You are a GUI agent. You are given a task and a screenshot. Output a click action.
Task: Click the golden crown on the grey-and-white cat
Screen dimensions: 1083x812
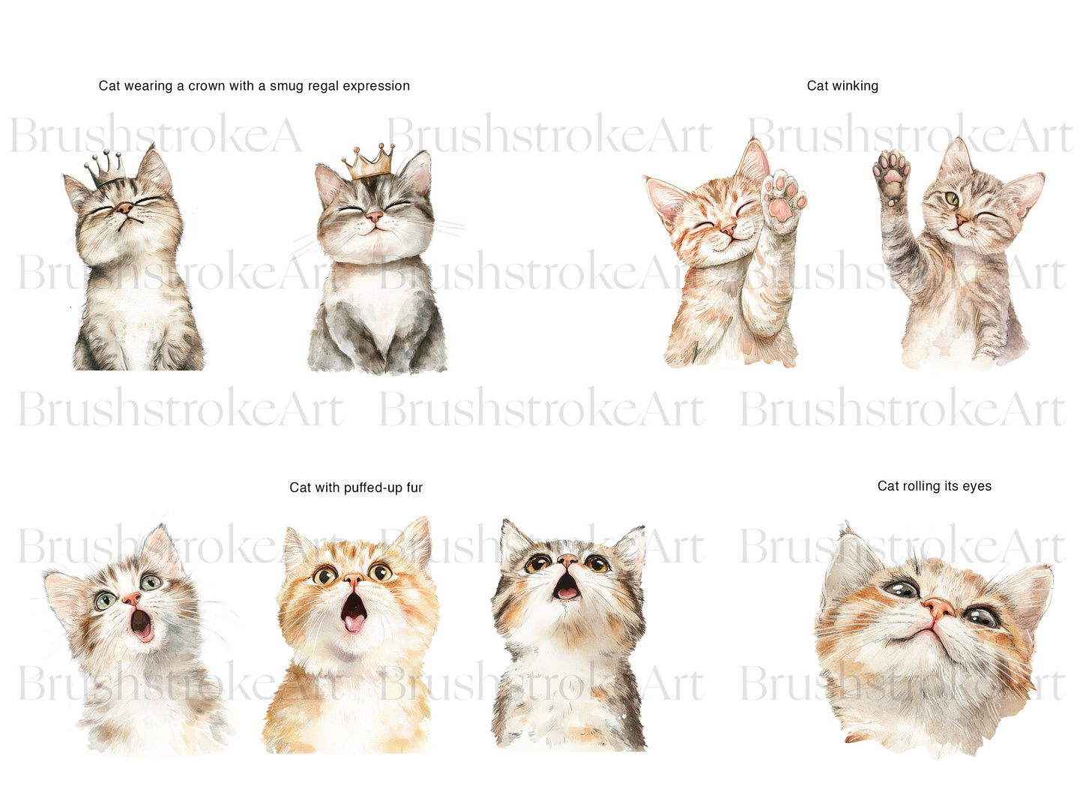pyautogui.click(x=369, y=163)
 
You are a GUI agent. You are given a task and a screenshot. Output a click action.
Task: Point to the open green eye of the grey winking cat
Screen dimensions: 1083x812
pyautogui.click(x=951, y=199)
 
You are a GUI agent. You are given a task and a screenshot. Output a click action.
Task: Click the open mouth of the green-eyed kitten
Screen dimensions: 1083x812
pyautogui.click(x=141, y=625)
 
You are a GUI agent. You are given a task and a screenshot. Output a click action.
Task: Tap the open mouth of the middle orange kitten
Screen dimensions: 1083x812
pyautogui.click(x=354, y=612)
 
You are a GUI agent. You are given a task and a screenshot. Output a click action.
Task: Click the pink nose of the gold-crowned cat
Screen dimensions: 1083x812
pyautogui.click(x=374, y=216)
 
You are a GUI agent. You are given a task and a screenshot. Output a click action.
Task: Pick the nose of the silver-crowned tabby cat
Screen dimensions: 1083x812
pyautogui.click(x=124, y=208)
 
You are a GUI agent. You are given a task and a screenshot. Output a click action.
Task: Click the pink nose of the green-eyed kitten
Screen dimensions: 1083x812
pyautogui.click(x=131, y=599)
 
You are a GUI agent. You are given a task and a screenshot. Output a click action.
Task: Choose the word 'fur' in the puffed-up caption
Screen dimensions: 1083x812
pyautogui.click(x=414, y=488)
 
